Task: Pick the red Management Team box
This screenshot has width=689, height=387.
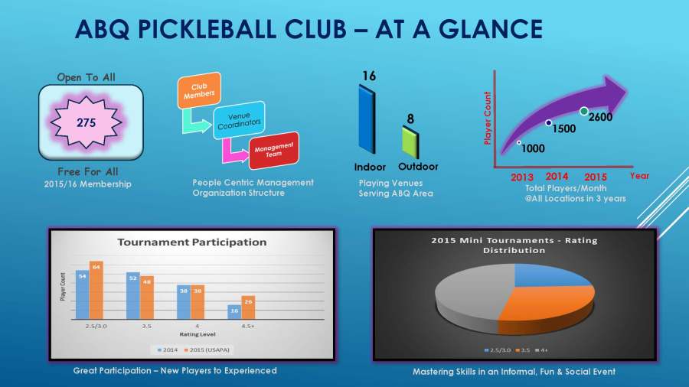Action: [x=273, y=150]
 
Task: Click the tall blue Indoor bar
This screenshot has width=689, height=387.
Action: [x=367, y=119]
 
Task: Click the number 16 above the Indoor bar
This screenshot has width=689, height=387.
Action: [x=369, y=76]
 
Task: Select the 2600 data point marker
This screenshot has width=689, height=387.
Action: [x=584, y=112]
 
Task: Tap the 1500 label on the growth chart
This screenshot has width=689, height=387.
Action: [x=563, y=129]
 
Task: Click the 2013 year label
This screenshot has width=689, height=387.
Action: [x=522, y=177]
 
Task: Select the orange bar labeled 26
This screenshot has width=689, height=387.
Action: [x=247, y=307]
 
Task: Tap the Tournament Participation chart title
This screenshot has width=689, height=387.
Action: [x=191, y=242]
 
